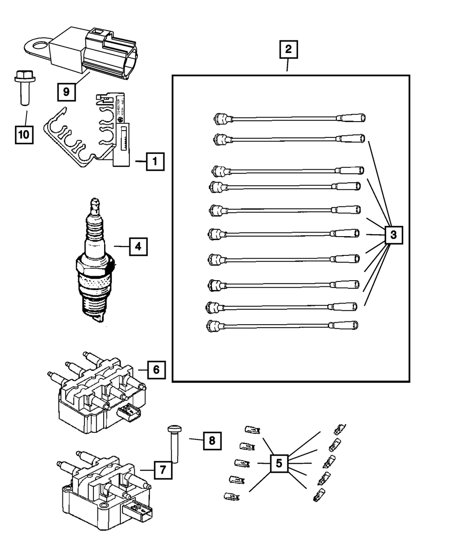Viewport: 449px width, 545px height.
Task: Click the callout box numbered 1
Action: [x=154, y=162]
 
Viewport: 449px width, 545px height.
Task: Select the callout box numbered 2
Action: [x=288, y=50]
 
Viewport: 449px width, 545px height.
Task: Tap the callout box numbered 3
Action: [x=393, y=234]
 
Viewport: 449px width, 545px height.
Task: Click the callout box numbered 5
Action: [x=279, y=463]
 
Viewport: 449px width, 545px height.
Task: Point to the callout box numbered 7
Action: [x=163, y=470]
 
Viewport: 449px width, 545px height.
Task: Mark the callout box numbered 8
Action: [x=212, y=441]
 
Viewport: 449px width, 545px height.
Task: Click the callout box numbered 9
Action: [x=66, y=92]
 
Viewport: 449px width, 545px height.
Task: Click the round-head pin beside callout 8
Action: [x=174, y=444]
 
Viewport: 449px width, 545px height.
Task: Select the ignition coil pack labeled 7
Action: [x=103, y=489]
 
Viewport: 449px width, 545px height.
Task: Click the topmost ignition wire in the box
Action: [x=290, y=118]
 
